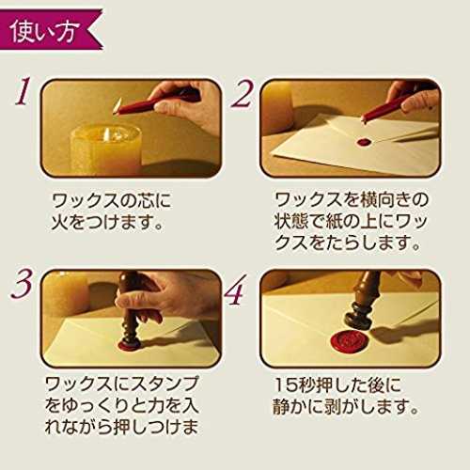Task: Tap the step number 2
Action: tap(242, 93)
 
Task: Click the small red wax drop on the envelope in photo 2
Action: tap(368, 142)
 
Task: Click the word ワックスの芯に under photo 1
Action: tap(111, 200)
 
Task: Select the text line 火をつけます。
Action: tap(107, 222)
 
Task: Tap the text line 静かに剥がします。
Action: tap(345, 406)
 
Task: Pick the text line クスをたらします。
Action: tap(347, 243)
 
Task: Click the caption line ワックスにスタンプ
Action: tap(122, 384)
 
